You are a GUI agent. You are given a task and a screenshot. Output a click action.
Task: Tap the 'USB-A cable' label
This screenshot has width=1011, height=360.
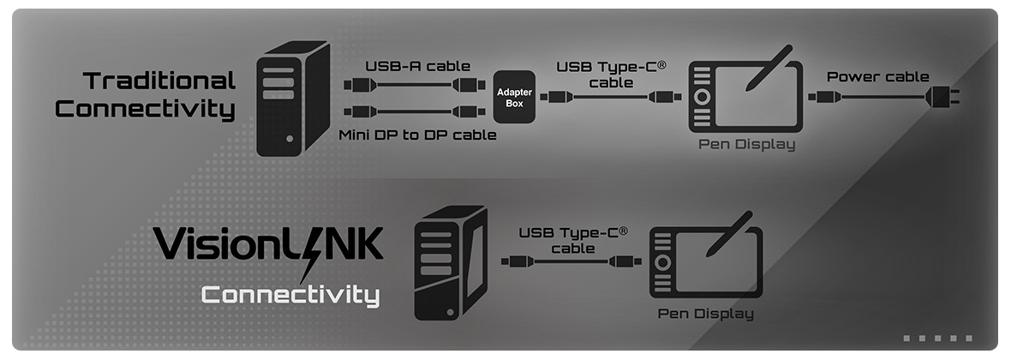[x=405, y=66]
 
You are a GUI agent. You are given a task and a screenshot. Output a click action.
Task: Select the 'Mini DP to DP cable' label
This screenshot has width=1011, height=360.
[x=417, y=135]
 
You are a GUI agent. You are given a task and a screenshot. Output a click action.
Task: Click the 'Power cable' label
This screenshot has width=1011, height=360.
[x=877, y=76]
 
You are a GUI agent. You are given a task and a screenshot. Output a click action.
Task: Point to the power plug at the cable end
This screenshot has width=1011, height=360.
[x=942, y=96]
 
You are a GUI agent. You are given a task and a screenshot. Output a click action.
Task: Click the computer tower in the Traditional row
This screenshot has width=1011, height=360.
[x=293, y=98]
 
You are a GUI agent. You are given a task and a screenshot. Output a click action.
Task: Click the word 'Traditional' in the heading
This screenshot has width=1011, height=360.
[x=159, y=81]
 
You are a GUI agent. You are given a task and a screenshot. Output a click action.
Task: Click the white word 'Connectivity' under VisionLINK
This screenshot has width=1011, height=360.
[x=290, y=297]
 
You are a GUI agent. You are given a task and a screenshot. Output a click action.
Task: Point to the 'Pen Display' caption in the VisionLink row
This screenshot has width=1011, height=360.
[x=706, y=313]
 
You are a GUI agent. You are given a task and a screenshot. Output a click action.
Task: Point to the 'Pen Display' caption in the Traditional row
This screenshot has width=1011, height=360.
[x=746, y=144]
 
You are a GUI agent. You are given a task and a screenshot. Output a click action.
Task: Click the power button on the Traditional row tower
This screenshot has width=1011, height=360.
[x=290, y=138]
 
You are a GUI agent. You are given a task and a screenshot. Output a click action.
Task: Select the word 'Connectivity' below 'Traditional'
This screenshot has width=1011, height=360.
[x=145, y=110]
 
